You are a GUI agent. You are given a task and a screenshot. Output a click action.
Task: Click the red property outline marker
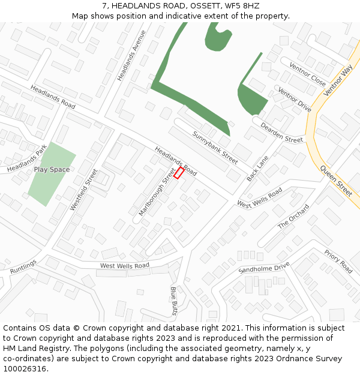179,173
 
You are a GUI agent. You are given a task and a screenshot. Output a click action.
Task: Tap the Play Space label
52,170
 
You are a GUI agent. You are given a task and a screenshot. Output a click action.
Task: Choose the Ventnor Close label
307,74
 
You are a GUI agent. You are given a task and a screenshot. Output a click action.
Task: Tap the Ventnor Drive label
294,100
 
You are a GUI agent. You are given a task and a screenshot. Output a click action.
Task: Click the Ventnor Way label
337,81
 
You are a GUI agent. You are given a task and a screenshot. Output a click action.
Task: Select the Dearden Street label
281,131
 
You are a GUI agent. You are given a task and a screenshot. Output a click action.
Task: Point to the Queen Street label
336,181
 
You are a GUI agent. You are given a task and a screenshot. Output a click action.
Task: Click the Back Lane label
258,169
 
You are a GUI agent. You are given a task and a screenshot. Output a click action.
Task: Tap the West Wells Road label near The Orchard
259,198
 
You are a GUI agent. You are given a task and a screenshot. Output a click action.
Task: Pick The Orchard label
293,216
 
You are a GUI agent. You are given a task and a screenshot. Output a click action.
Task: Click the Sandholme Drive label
264,268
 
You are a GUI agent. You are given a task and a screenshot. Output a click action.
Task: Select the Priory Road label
338,262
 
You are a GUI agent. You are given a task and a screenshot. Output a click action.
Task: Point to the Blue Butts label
174,301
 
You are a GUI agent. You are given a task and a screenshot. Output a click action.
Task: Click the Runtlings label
23,266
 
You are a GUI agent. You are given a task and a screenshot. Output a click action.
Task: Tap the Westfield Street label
83,189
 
